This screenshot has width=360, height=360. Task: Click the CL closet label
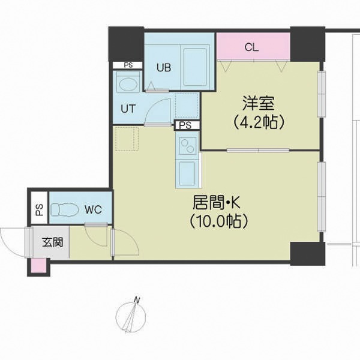251,47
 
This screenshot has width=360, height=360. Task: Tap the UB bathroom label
164,67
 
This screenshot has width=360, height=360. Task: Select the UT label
128,109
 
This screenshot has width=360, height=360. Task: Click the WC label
93,209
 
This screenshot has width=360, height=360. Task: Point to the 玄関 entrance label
53,242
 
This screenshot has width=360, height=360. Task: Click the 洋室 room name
259,103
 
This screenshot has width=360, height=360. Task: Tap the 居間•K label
217,203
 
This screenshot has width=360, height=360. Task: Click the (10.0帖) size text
219,221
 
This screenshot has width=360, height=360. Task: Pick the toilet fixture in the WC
62,209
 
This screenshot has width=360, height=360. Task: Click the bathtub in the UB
195,67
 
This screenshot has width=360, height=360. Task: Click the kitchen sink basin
187,173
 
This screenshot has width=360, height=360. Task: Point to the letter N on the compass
137,300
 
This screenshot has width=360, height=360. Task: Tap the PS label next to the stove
185,125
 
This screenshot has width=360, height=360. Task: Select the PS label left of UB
128,65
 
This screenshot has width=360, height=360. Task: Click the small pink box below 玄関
38,266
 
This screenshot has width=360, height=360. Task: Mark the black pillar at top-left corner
127,44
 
